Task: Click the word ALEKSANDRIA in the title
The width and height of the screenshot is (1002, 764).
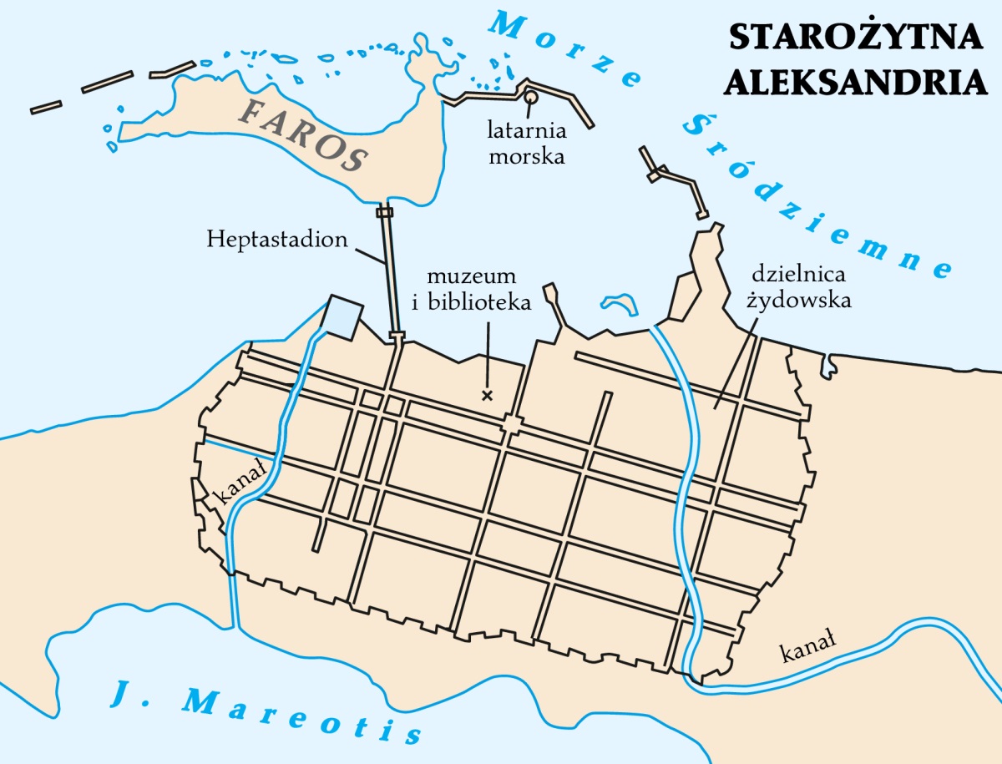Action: [x=856, y=82]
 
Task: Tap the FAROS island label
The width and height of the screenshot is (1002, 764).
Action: [x=306, y=134]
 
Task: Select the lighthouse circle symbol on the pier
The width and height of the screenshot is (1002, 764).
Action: [x=530, y=98]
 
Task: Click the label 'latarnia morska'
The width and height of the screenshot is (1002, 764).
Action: [x=527, y=144]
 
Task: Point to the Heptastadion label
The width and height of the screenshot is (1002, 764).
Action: [x=277, y=240]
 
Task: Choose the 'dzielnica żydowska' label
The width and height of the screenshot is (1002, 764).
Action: [x=800, y=286]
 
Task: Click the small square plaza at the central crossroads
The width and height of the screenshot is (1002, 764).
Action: [x=511, y=425]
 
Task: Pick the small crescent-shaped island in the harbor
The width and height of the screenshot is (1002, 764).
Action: [x=618, y=304]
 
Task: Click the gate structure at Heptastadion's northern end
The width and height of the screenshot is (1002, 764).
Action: [x=384, y=212]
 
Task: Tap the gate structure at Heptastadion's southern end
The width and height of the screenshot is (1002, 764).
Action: [x=397, y=337]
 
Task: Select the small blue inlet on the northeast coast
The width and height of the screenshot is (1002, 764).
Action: [x=829, y=364]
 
